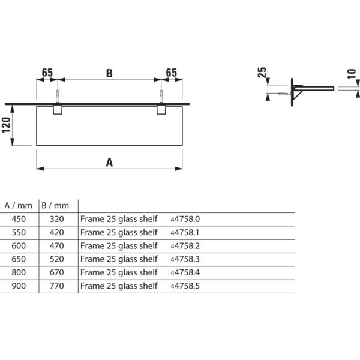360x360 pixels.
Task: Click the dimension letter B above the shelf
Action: (x=109, y=73)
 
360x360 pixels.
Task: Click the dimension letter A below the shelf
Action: (x=109, y=161)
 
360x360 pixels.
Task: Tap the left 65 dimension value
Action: (x=47, y=73)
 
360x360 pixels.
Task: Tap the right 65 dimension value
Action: (x=172, y=73)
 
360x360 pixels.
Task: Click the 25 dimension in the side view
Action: (x=262, y=74)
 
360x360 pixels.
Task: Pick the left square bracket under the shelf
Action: (x=58, y=110)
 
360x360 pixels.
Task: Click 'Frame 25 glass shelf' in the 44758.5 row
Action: (x=119, y=286)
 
